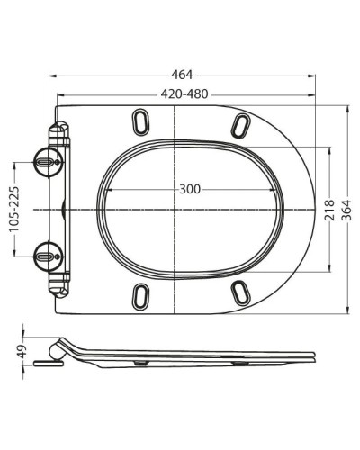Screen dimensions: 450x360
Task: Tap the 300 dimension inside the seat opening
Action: coord(190,189)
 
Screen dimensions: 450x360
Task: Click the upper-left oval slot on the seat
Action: coord(142,121)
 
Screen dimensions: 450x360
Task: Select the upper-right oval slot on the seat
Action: coord(240,123)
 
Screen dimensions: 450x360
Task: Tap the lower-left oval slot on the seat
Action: coord(142,295)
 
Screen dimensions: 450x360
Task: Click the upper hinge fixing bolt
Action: coord(48,162)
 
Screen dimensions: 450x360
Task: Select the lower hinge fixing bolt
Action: coord(48,256)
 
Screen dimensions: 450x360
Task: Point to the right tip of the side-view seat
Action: coord(314,357)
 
